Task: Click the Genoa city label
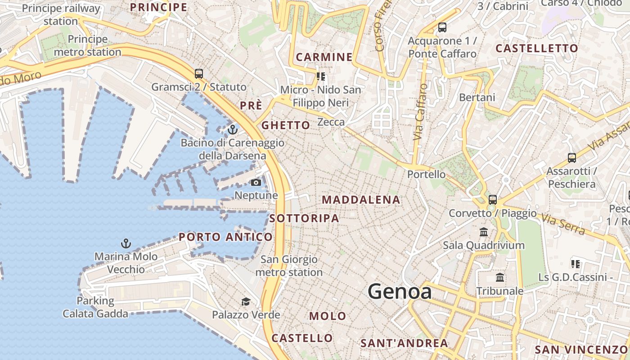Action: pyautogui.click(x=400, y=292)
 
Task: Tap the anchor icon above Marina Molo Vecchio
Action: pyautogui.click(x=126, y=243)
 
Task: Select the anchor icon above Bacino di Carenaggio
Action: pyautogui.click(x=232, y=130)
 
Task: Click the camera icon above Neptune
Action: pyautogui.click(x=256, y=182)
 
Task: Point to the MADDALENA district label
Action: pyautogui.click(x=361, y=200)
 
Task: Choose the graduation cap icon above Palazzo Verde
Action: pyautogui.click(x=246, y=301)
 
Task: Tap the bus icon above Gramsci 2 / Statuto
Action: pyautogui.click(x=198, y=73)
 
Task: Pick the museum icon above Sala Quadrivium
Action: pyautogui.click(x=484, y=232)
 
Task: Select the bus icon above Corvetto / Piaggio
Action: pyautogui.click(x=493, y=199)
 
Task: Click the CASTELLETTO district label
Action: pyautogui.click(x=536, y=48)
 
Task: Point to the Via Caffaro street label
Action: pyautogui.click(x=419, y=112)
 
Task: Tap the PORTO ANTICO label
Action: pyautogui.click(x=225, y=237)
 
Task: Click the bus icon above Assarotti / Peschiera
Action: pyautogui.click(x=571, y=158)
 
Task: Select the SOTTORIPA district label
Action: pyautogui.click(x=304, y=218)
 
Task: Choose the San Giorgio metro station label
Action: pyautogui.click(x=289, y=266)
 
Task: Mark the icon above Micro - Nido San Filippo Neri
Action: pyautogui.click(x=320, y=76)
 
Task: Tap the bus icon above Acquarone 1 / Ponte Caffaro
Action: pyautogui.click(x=442, y=27)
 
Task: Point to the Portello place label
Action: pyautogui.click(x=426, y=174)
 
